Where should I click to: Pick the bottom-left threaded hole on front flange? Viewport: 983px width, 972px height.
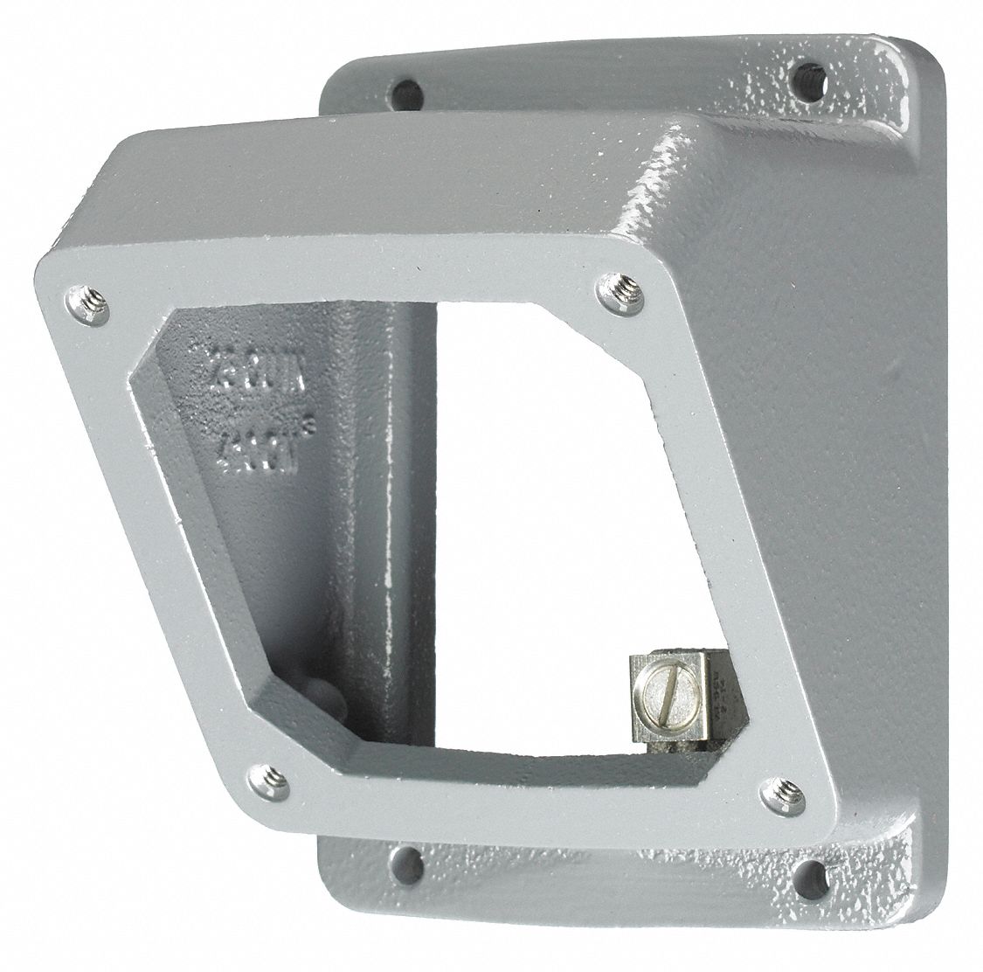click(267, 774)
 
